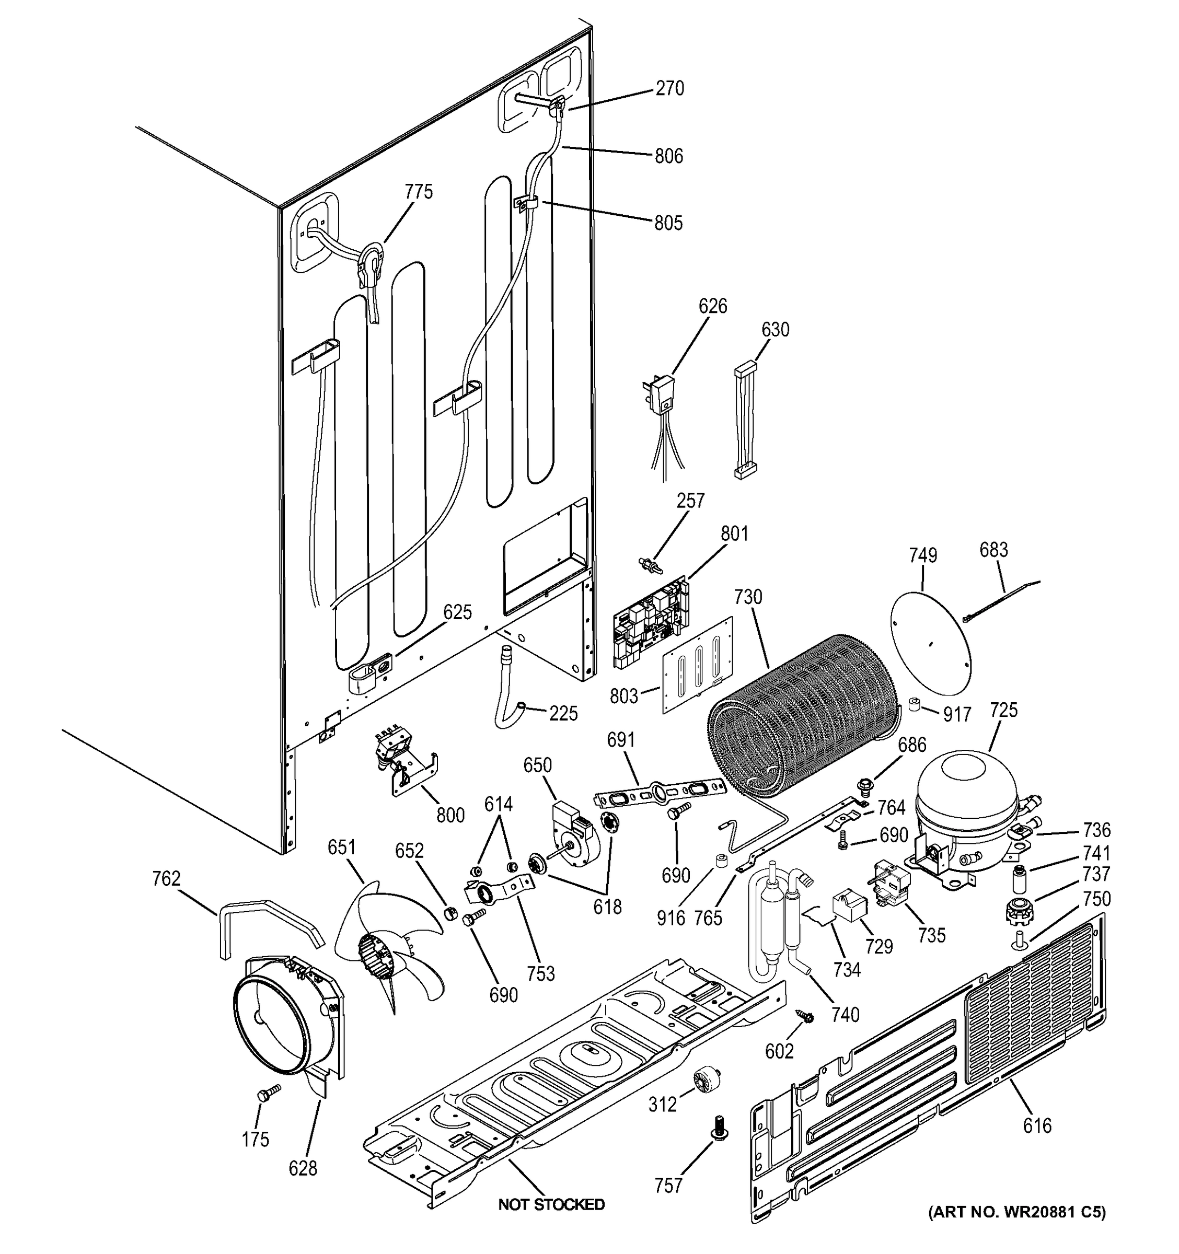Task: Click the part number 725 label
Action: coord(1003,710)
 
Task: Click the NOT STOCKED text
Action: coord(551,1204)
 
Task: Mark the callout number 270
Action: coord(669,88)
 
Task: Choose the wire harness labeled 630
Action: coord(746,420)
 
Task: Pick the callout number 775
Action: coord(419,192)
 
